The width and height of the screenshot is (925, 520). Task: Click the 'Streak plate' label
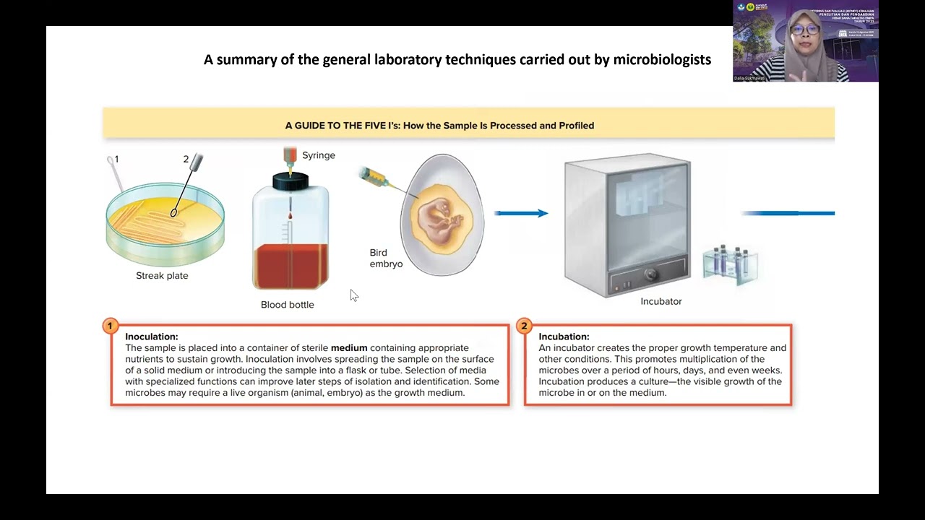[162, 276]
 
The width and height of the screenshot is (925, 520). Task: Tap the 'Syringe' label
[318, 155]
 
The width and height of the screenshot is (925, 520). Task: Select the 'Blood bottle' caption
[287, 305]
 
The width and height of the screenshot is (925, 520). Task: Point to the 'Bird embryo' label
[386, 259]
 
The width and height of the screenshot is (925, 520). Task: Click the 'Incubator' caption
[661, 301]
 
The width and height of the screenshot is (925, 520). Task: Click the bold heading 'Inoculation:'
[151, 337]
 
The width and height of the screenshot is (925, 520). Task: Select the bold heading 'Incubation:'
[564, 337]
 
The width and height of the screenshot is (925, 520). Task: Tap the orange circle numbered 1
[110, 326]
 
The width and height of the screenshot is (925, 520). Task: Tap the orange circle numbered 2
[524, 326]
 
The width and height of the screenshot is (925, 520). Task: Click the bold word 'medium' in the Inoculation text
[349, 348]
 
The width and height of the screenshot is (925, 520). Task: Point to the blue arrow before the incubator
[521, 213]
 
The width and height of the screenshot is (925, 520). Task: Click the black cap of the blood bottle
[291, 182]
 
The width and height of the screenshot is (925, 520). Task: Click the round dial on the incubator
[649, 275]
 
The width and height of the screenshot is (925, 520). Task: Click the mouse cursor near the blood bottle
[353, 295]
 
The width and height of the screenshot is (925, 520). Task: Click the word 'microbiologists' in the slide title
[662, 60]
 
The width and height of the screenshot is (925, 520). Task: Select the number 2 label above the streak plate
[186, 160]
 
